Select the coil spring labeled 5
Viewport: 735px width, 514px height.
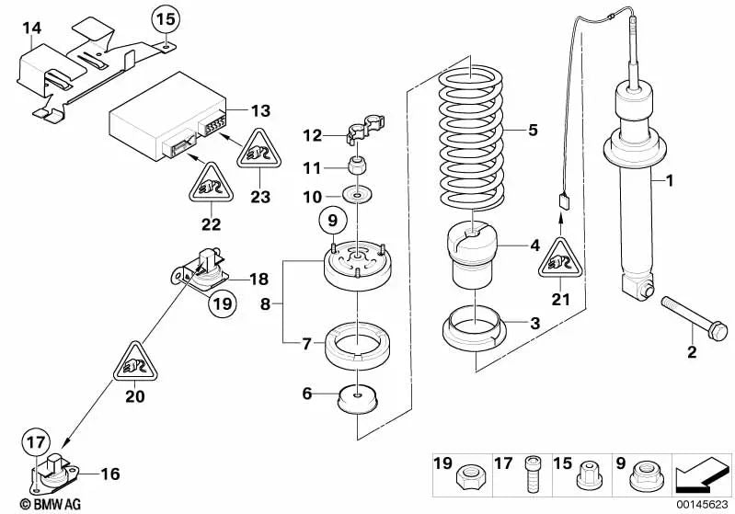click(x=470, y=132)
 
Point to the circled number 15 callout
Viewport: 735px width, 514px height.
click(x=163, y=17)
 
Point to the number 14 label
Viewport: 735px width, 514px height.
click(x=31, y=29)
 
